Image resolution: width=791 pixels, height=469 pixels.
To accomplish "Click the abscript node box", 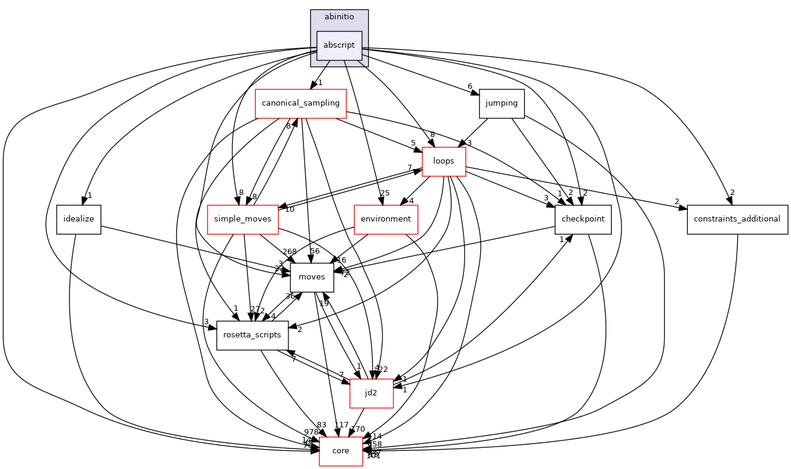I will click(x=339, y=45).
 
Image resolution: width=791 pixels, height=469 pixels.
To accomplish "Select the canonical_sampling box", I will click(x=300, y=103).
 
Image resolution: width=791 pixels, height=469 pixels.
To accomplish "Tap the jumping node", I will click(x=501, y=103).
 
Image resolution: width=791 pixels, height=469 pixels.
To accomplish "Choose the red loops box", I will click(x=443, y=161).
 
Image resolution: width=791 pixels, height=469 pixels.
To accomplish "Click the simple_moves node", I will click(x=243, y=219).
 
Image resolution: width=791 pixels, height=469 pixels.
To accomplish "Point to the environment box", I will click(x=386, y=219).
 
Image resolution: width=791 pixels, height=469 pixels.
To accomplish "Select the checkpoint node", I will click(x=583, y=219).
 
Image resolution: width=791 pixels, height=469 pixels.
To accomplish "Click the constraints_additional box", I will click(x=737, y=219).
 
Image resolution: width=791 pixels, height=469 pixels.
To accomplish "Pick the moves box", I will click(x=312, y=277).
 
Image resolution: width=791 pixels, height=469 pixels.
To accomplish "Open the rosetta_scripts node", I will click(x=252, y=335).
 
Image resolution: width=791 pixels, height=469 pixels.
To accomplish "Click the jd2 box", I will click(x=372, y=393).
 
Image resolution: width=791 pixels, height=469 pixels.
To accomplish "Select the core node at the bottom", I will click(x=341, y=451).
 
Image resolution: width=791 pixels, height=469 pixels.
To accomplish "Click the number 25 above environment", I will click(x=385, y=193).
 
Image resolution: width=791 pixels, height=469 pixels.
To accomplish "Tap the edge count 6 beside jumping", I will click(x=469, y=86).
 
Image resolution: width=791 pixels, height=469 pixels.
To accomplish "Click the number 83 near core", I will click(x=322, y=425).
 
